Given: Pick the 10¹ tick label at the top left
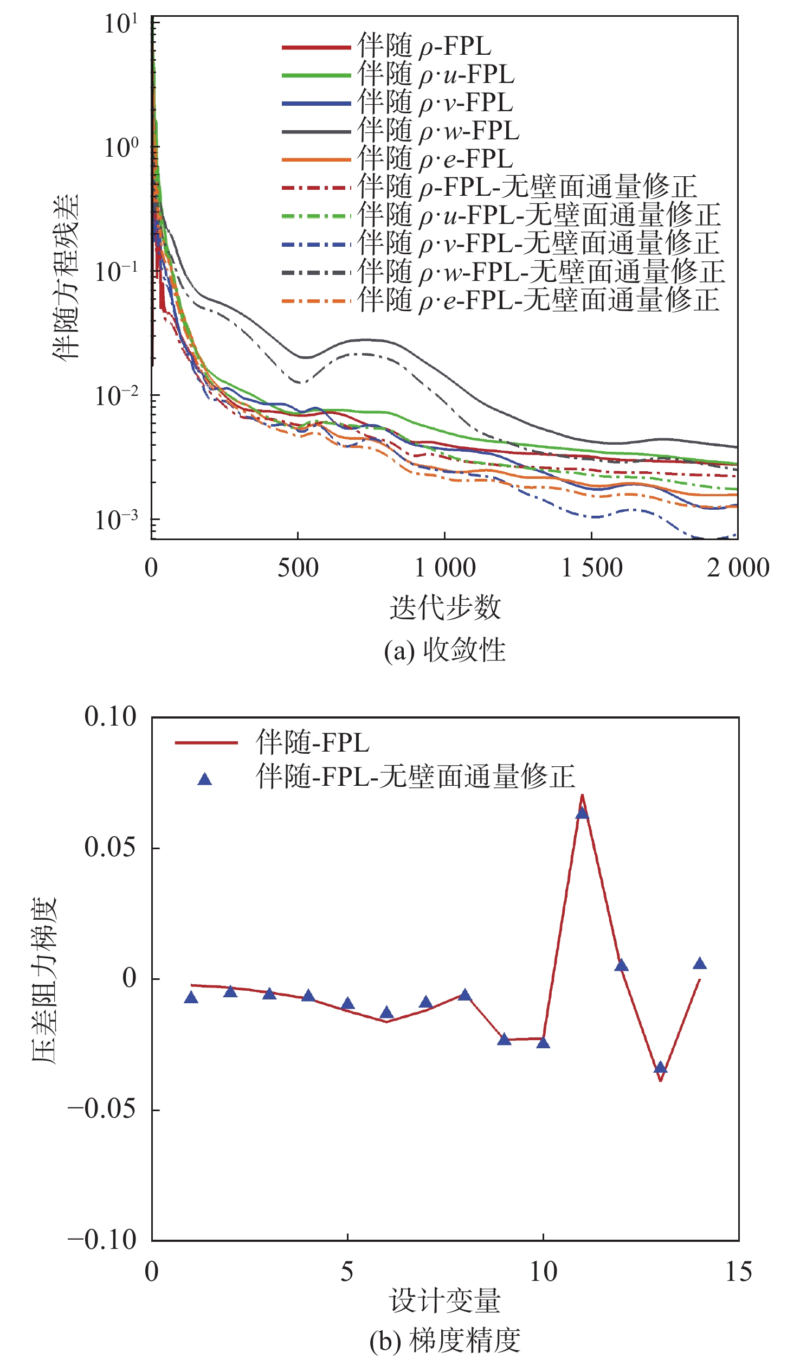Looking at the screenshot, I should coord(121,24).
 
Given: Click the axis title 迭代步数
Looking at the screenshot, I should coord(445,607).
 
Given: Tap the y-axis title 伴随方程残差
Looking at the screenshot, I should coord(66,277).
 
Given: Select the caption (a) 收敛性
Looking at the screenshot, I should coord(444,650).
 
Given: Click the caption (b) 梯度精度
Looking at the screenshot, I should coord(444,1339).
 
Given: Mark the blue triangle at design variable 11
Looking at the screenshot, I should coord(582,813).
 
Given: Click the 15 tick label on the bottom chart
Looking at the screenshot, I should coord(738,1272).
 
